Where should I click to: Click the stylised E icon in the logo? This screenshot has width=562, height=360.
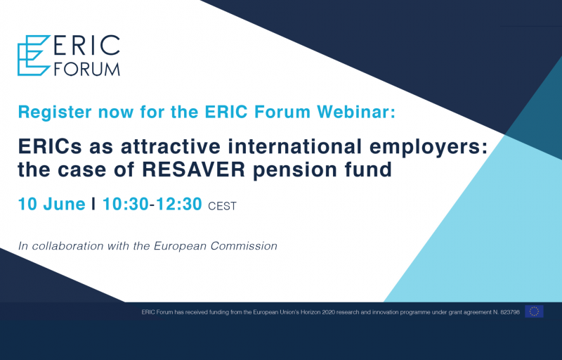coord(34,56)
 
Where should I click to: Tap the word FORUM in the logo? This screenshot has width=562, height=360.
coord(86,69)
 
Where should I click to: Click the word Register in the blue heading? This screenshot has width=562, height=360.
coord(55,112)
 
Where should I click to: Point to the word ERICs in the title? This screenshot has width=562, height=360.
coord(50,147)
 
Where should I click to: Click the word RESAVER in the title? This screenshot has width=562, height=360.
coord(194,169)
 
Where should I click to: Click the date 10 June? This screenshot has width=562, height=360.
coord(51,204)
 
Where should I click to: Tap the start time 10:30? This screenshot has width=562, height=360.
coord(126,204)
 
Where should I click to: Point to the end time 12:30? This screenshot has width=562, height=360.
coord(179,204)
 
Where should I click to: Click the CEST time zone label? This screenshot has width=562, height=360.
coord(222,206)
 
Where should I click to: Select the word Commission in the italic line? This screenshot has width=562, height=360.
coord(244,246)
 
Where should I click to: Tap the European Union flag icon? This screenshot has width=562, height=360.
coord(534,311)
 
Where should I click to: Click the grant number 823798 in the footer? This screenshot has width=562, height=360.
coord(510,312)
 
